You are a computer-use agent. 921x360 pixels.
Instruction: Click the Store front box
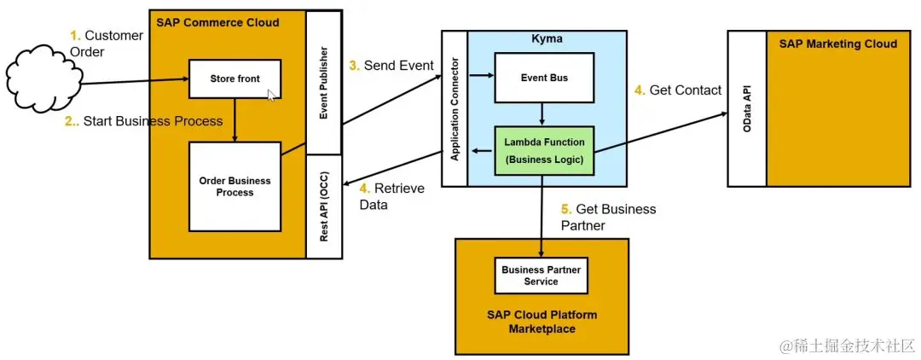tap(235, 79)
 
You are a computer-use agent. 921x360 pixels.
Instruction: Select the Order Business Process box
tap(235, 187)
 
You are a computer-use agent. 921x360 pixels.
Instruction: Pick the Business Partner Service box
tap(541, 276)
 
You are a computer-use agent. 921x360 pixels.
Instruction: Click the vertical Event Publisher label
tap(324, 82)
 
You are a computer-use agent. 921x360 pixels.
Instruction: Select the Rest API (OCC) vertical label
tap(324, 207)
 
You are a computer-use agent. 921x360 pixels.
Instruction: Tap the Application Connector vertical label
tap(455, 108)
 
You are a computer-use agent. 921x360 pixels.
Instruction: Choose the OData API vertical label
tap(747, 107)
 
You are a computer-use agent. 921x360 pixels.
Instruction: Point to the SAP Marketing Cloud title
tap(837, 44)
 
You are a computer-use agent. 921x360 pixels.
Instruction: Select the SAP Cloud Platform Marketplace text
tap(542, 322)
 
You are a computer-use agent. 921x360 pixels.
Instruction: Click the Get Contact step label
tap(685, 90)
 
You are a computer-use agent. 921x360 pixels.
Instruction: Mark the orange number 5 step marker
tap(565, 209)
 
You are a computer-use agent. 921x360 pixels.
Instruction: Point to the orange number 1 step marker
tap(74, 36)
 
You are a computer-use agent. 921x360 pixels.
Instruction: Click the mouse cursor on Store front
tap(271, 95)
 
